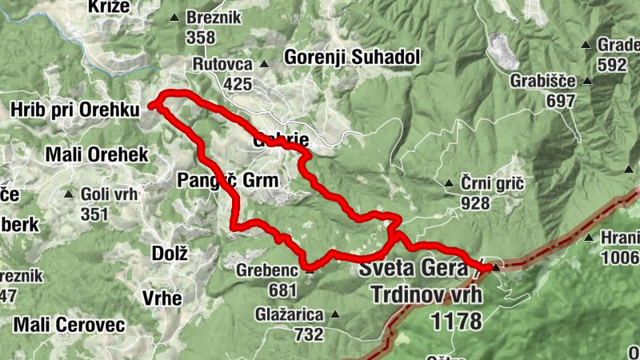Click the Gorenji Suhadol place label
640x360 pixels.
coord(352,58)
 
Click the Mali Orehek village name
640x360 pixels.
coord(97,154)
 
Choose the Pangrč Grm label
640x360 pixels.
coord(227,181)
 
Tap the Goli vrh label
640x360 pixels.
coord(110,194)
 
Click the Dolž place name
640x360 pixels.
coord(169,254)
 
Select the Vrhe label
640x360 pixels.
coord(162,297)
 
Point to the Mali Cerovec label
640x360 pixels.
coord(69,325)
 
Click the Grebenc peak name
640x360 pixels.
coord(266,270)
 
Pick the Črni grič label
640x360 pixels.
coord(492,183)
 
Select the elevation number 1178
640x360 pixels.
coord(456,321)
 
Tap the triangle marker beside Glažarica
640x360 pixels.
coord(334,314)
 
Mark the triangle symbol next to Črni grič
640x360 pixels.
coord(449,183)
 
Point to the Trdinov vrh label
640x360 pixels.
coord(427,294)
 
